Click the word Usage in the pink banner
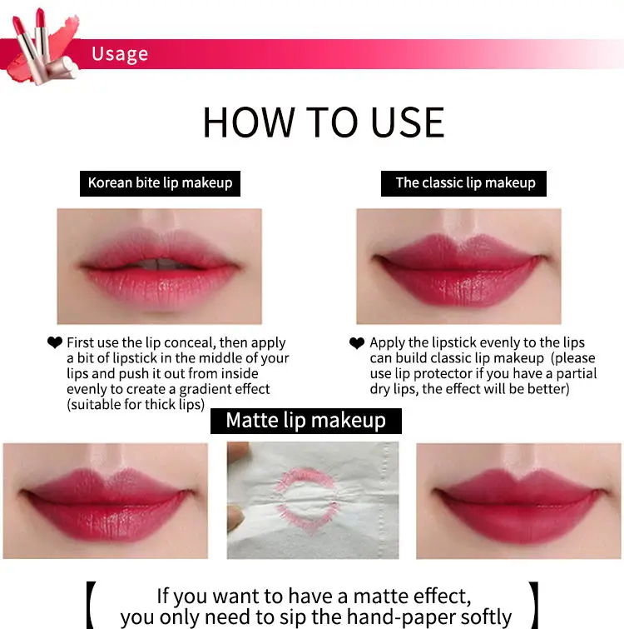(120, 54)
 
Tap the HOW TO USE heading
(324, 122)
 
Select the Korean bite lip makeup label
(161, 183)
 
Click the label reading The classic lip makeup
(463, 183)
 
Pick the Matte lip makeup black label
(306, 421)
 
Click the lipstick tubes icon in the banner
(42, 46)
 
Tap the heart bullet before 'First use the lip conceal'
(55, 342)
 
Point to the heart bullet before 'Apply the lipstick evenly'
(357, 343)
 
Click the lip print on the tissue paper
(308, 499)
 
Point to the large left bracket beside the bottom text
(91, 605)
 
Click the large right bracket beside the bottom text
(534, 605)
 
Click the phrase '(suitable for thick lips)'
(136, 405)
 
